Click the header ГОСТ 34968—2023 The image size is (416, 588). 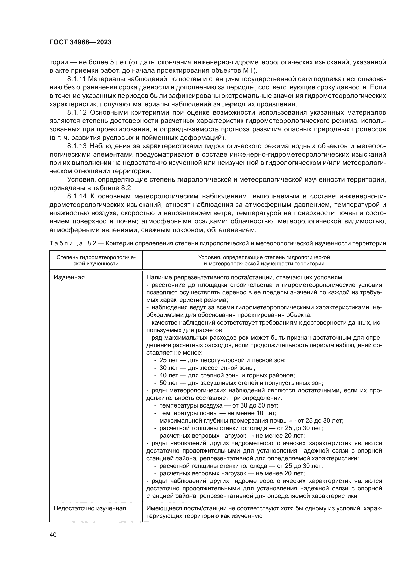[x=80, y=42]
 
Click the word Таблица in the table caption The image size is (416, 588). [x=66, y=243]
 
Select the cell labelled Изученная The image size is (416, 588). [x=69, y=277]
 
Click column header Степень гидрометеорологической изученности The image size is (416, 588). [x=96, y=260]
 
